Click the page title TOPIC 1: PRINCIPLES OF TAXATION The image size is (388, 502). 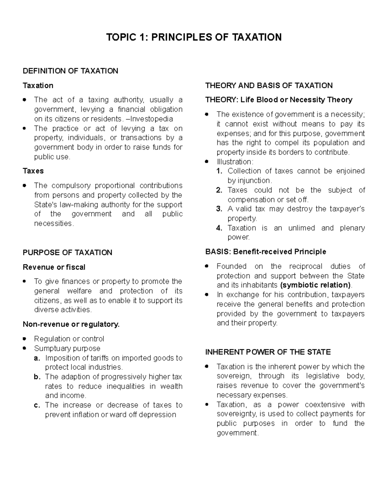[x=194, y=37]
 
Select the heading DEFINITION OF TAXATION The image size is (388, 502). [x=70, y=71]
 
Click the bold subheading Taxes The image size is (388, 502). [x=33, y=171]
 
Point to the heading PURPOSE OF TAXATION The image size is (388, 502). [x=67, y=252]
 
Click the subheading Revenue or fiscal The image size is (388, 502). [x=54, y=267]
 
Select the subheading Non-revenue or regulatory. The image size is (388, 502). [x=71, y=324]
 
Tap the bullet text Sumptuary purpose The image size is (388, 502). [x=67, y=348]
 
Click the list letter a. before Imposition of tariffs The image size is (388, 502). [x=37, y=358]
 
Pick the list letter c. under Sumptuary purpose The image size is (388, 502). [x=37, y=405]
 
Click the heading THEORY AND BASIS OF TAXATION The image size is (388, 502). [x=269, y=86]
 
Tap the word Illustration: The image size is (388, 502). [x=235, y=162]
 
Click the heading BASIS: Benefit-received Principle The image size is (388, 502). [x=265, y=252]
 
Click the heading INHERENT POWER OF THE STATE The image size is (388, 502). [x=268, y=352]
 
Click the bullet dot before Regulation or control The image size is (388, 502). [x=25, y=339]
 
